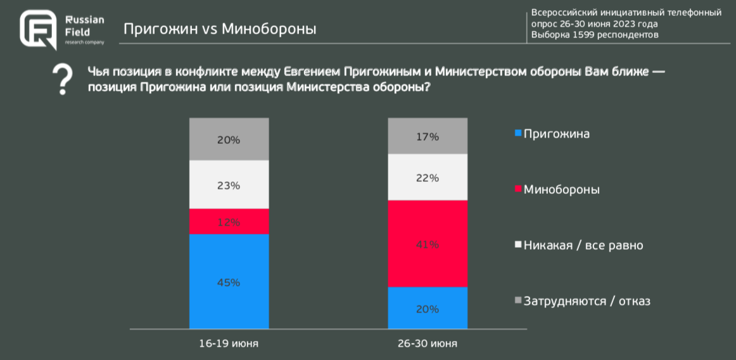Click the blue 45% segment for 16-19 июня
point(229,282)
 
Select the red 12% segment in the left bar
point(229,222)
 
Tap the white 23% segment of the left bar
point(229,185)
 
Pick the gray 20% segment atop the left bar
point(229,139)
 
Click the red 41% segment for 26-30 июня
point(428,244)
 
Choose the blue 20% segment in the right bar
point(428,309)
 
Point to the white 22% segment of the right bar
point(428,177)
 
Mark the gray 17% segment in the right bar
point(428,136)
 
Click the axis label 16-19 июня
point(229,343)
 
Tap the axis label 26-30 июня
point(428,343)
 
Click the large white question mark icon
point(61,79)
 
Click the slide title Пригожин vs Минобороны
point(219,29)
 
